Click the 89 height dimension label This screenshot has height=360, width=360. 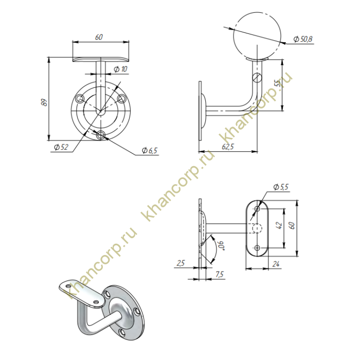tap(45, 102)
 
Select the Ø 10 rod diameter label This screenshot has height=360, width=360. tap(120, 69)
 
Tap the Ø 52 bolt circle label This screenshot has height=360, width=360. tap(61, 147)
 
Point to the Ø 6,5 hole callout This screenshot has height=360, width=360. tap(150, 150)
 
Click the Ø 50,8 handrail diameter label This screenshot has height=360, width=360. tap(303, 39)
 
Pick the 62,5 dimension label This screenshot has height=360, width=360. tap(228, 147)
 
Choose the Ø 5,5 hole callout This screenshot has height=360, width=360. tap(281, 187)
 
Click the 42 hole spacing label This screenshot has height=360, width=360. tap(279, 225)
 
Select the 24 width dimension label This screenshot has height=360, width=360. tap(276, 264)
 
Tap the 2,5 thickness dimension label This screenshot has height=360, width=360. tap(181, 263)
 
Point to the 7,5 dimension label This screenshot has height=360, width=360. tap(220, 274)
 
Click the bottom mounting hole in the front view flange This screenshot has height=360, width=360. tap(101, 135)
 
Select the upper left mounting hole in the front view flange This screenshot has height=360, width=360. tap(80, 99)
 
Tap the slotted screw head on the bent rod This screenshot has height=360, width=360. tap(257, 77)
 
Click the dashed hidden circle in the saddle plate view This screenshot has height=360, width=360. tap(257, 228)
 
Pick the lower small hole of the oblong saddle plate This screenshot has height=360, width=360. tap(257, 248)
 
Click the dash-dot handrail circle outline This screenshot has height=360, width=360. tap(257, 36)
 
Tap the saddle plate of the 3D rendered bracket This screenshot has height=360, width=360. tap(82, 293)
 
